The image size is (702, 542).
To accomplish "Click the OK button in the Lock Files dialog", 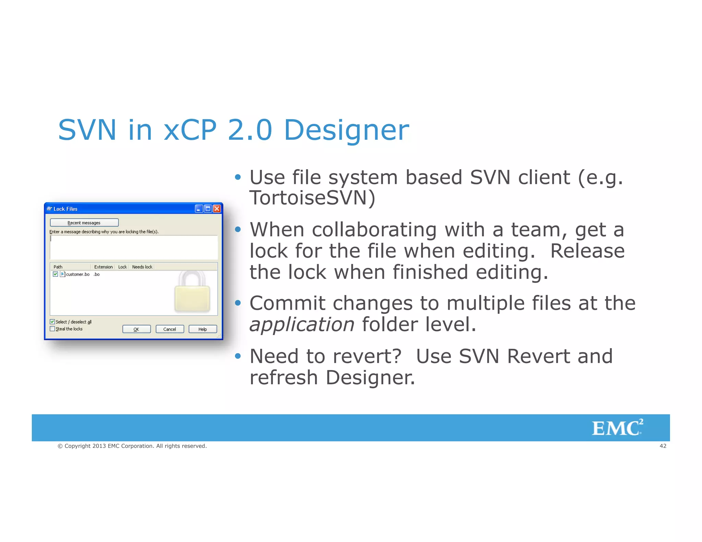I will coord(136,329).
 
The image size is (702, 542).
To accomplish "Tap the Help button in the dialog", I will coord(203,329).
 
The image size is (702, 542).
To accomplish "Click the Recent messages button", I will coord(84,223).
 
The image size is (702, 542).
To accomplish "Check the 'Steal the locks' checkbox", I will coord(52,329).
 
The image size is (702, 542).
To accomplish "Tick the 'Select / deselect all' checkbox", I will coord(52,322).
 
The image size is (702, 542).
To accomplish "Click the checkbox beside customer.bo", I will coord(55,274).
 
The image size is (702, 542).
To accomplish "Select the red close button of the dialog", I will coord(217,209).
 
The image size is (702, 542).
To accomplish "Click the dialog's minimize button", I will coord(199,209).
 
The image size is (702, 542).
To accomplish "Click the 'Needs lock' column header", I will coord(142,267).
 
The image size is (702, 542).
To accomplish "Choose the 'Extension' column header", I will coord(103,267).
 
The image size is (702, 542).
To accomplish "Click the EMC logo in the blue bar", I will coord(617,428).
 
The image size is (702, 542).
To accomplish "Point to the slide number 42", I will coord(663,446).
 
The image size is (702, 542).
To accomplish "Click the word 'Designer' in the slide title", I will coord(347,130).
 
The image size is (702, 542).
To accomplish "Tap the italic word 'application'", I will coord(302,324).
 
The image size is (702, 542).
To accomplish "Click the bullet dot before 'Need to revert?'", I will coord(238,356).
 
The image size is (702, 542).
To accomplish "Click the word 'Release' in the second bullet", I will coord(587,251).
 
